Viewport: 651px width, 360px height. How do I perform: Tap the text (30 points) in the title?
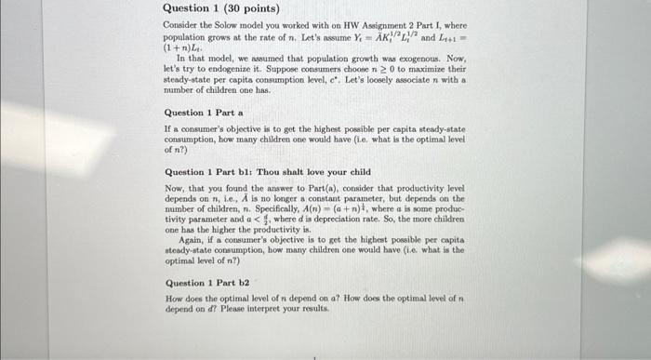[x=232, y=7]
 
